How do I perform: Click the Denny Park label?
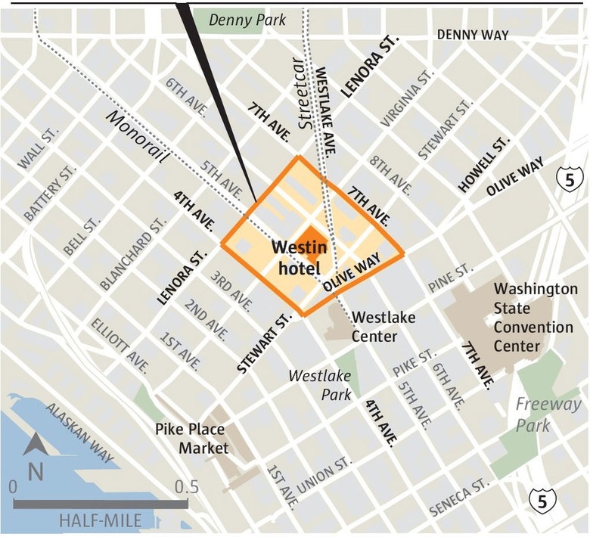248,20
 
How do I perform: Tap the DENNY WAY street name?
473,35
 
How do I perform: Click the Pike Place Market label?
192,438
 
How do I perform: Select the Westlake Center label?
383,325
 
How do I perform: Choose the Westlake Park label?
321,385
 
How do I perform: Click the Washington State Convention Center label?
535,318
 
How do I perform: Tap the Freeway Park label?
539,414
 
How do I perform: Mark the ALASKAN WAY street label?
79,432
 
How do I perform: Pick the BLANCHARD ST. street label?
133,259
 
